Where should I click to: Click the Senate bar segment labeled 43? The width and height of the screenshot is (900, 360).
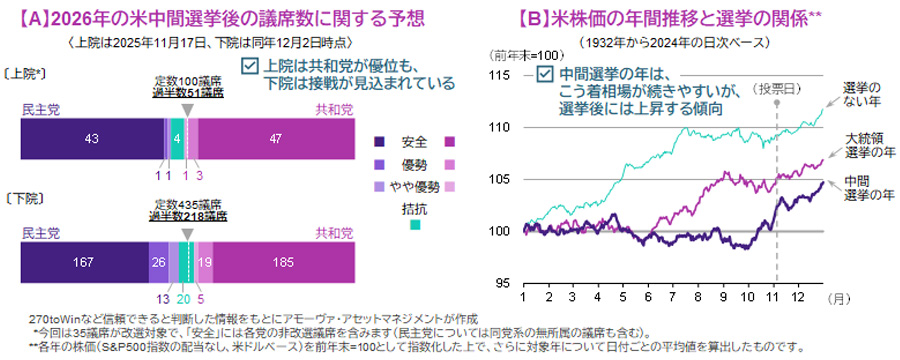coord(92,139)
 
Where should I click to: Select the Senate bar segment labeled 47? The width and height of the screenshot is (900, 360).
coord(276,139)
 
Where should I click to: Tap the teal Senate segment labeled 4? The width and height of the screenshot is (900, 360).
coord(177,139)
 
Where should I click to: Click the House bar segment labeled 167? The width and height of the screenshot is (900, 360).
coord(85,262)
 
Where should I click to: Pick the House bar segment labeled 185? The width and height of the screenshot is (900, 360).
coord(284,262)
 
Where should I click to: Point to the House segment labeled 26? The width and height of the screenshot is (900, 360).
coord(158,262)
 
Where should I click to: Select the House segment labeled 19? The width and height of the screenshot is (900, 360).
coord(204,262)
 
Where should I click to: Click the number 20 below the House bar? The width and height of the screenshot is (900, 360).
coord(183,297)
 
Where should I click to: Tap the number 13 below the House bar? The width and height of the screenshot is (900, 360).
coord(162,297)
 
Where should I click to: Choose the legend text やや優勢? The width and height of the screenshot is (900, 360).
coord(423,186)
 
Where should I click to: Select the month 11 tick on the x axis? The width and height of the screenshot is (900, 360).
coord(776,297)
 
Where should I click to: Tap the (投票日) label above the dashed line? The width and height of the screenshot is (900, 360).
coord(776,88)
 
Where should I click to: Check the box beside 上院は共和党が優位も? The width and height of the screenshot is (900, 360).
coord(251,67)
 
